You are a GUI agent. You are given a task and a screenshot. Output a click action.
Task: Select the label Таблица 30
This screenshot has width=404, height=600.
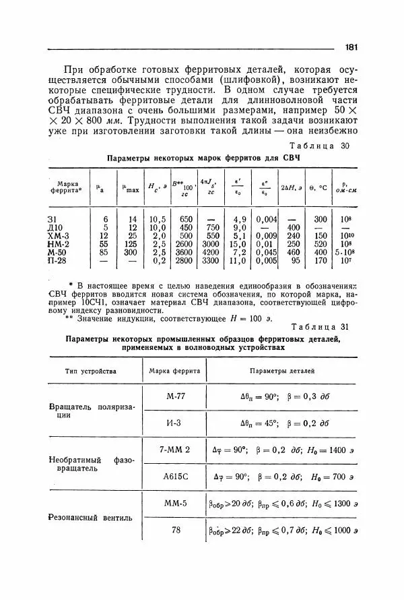pos(318,146)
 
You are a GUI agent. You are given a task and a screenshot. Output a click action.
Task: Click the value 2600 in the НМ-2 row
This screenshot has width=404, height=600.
pos(183,244)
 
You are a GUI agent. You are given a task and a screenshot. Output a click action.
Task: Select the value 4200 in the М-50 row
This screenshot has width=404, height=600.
pos(211,252)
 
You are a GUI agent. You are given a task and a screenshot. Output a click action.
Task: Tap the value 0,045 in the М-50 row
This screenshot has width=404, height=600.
pos(267,252)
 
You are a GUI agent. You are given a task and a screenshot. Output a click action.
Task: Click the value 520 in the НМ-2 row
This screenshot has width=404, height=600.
pos(321,244)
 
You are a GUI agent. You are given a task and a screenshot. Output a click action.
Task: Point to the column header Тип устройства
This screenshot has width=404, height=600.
pos(91,371)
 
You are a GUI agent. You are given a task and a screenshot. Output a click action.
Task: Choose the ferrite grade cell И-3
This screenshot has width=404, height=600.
pos(175,423)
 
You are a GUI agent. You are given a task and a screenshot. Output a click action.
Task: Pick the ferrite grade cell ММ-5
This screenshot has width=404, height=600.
pos(175,503)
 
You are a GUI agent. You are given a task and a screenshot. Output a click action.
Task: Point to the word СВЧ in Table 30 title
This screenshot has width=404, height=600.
pos(290,157)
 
